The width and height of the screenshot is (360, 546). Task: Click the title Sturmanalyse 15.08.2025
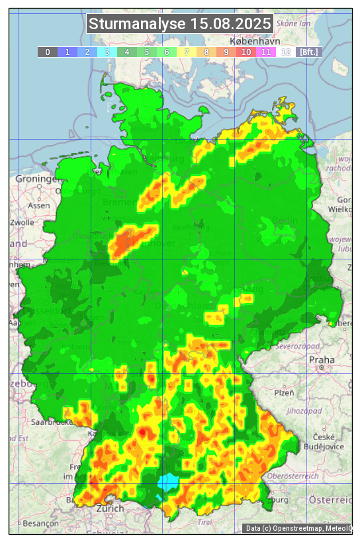pyautogui.click(x=179, y=24)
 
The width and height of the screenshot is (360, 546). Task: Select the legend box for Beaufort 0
pyautogui.click(x=48, y=52)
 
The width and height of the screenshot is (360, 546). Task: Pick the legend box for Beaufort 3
pyautogui.click(x=107, y=52)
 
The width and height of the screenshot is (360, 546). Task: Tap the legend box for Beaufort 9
pyautogui.click(x=226, y=52)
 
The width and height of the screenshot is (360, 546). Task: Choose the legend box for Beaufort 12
pyautogui.click(x=286, y=52)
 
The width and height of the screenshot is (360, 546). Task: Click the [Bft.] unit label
pyautogui.click(x=308, y=52)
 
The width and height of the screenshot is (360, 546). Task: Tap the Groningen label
pyautogui.click(x=37, y=179)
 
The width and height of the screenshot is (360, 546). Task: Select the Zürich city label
pyautogui.click(x=110, y=508)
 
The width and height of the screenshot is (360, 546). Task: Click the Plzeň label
pyautogui.click(x=284, y=392)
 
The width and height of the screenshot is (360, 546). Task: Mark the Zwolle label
pyautogui.click(x=22, y=222)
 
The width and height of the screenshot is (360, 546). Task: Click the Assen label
pyautogui.click(x=39, y=205)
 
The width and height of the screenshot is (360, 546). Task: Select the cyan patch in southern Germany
pyautogui.click(x=167, y=482)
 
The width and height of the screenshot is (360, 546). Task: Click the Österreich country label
pyautogui.click(x=330, y=498)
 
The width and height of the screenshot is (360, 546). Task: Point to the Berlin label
pyautogui.click(x=285, y=220)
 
